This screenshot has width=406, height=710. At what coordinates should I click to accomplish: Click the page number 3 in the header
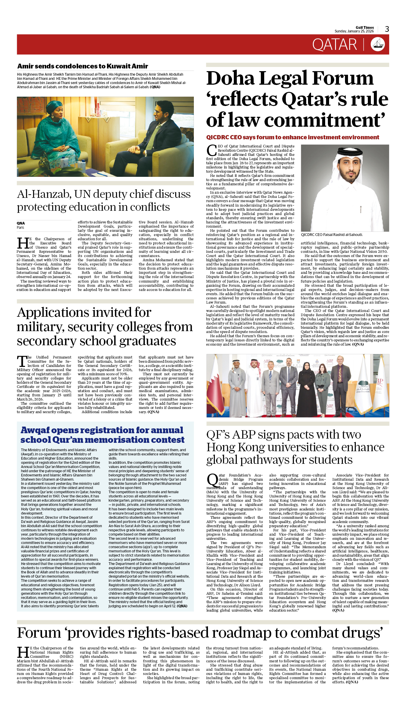[x=387, y=29]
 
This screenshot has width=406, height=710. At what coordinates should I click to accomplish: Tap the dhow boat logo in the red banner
[x=378, y=44]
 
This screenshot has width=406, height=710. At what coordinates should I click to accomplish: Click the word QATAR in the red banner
[x=334, y=45]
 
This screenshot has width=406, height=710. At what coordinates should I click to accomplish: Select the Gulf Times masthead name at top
[x=365, y=27]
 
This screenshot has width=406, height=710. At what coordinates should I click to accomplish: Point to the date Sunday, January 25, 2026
[x=354, y=31]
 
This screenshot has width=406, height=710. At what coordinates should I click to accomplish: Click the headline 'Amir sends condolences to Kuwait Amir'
[x=83, y=66]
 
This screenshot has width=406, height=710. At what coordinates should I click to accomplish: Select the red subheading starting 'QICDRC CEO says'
[x=292, y=137]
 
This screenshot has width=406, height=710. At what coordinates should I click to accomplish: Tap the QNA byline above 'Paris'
[x=21, y=223]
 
